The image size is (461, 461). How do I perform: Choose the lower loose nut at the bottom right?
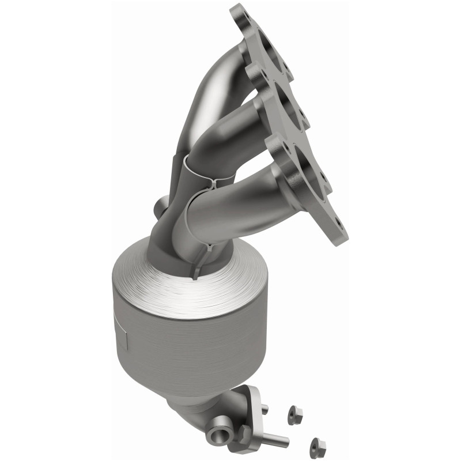click(x=315, y=444)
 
